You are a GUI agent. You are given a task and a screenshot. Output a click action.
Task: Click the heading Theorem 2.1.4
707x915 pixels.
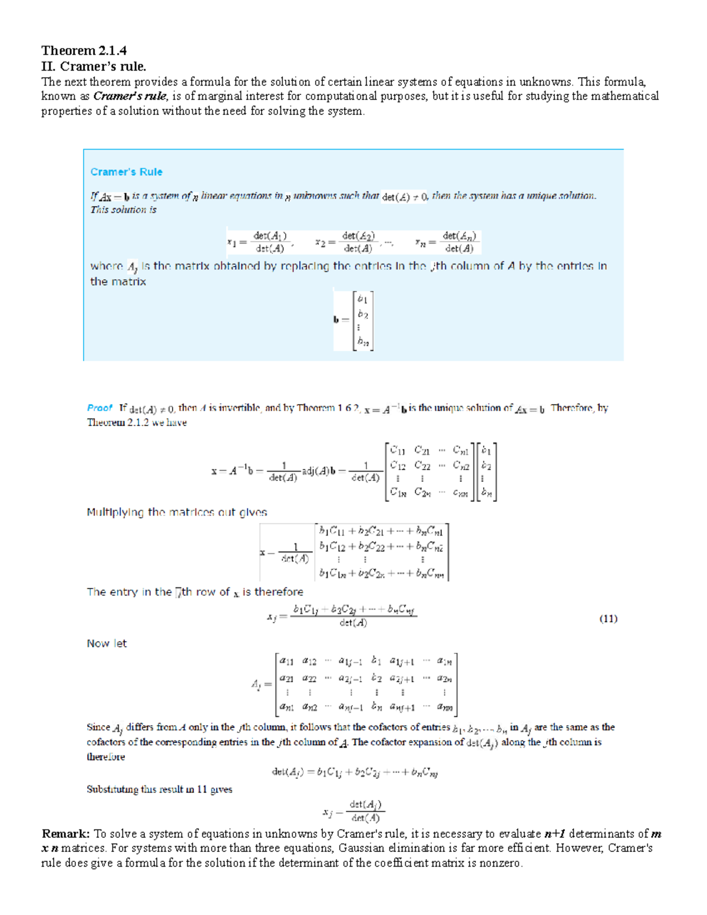[84, 51]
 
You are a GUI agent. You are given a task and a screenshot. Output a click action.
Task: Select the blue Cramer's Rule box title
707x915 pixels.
[126, 172]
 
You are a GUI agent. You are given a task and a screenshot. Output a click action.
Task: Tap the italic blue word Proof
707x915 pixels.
[99, 408]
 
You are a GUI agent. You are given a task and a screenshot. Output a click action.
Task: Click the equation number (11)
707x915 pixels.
[608, 618]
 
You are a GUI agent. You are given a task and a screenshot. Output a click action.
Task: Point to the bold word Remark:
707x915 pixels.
[65, 834]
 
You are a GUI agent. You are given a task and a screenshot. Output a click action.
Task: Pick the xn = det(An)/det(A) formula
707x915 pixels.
[448, 242]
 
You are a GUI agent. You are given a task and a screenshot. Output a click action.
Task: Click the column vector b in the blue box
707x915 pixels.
[354, 321]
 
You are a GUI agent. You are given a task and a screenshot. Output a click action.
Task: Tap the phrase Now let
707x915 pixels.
[107, 643]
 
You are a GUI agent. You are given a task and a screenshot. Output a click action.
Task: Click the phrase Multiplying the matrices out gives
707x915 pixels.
[177, 512]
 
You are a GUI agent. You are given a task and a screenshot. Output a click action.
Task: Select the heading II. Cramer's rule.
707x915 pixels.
[94, 66]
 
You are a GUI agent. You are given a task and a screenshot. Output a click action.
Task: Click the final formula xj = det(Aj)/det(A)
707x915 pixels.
[352, 811]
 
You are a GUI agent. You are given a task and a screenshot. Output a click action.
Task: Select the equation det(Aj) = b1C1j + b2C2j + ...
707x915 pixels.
[355, 772]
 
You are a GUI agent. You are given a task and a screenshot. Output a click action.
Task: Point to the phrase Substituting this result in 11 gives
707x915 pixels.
[159, 790]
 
